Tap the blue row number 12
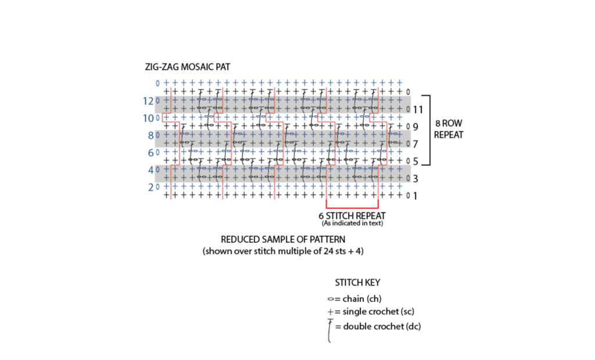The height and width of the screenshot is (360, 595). click(148, 101)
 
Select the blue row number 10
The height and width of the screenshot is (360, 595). click(148, 118)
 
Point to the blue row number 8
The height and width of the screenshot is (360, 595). click(150, 136)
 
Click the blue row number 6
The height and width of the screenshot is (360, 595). click(150, 153)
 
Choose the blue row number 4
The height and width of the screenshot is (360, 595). click(150, 171)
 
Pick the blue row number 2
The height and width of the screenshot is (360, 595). click(150, 188)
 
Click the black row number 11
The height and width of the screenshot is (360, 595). click(417, 109)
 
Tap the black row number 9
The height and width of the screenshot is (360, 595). click(415, 127)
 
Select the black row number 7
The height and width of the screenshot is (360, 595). click(415, 143)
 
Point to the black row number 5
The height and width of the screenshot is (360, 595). click(415, 161)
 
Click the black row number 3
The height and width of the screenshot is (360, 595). click(415, 178)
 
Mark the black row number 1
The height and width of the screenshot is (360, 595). click(415, 196)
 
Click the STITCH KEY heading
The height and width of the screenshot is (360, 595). click(357, 283)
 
